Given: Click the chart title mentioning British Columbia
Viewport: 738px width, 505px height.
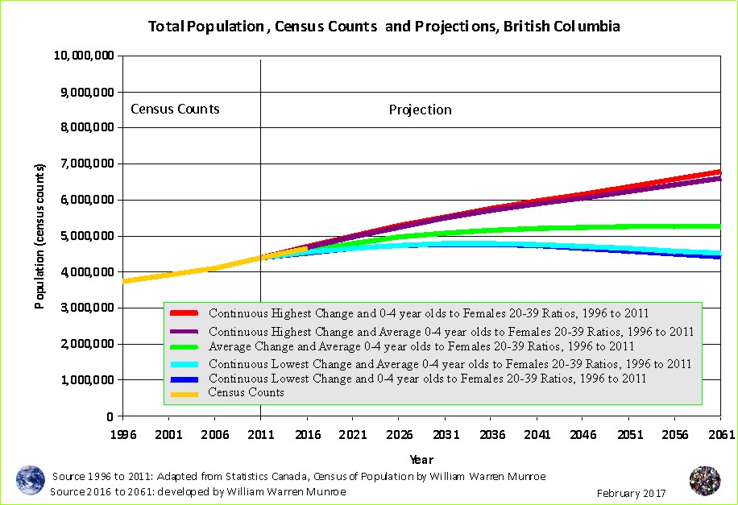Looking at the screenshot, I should point(384,27).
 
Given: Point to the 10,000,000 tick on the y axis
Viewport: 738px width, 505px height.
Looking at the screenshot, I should point(84,56).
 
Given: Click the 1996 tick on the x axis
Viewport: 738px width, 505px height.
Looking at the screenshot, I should point(123,435).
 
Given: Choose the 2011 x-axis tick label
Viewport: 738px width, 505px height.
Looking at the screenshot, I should point(261,435).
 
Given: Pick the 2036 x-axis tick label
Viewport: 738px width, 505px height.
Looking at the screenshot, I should point(491,435).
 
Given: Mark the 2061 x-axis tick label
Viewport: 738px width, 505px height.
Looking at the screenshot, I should point(720,435).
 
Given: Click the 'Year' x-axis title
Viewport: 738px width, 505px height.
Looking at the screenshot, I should point(421,460).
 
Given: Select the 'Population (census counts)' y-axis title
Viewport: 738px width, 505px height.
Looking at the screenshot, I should point(39,236).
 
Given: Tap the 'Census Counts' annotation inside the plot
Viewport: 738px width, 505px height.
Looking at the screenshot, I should point(175,109).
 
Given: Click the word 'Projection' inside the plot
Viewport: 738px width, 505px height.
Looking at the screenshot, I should point(420,110).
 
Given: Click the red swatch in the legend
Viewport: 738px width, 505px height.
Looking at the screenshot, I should point(185,313).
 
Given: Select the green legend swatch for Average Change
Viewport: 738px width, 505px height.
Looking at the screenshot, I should point(185,346).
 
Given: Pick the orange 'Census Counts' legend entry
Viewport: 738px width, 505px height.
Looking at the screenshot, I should point(246,392).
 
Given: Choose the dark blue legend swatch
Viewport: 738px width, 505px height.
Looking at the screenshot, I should point(185,378).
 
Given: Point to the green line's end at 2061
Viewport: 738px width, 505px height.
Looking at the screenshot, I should point(719,226).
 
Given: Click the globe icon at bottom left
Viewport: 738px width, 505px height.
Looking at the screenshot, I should point(31,480).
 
